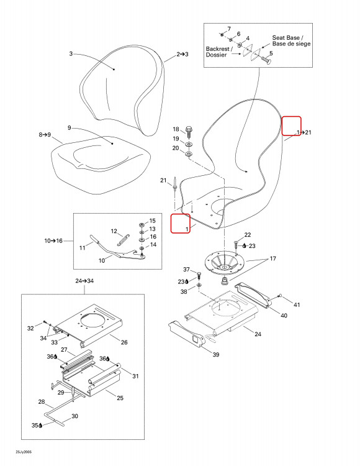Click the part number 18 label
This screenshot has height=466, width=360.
176,129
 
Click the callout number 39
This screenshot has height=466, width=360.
216,354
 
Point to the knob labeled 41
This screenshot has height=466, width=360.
280,296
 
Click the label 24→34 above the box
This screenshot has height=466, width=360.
84,281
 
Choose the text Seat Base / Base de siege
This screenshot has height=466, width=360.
291,41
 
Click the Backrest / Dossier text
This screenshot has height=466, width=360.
219,52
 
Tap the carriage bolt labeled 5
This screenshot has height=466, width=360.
266,60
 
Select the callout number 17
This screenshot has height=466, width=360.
272,258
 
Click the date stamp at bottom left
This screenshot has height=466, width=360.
24,452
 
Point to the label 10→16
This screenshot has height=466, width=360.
53,240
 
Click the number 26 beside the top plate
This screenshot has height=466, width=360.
124,342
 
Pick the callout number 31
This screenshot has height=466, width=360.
135,377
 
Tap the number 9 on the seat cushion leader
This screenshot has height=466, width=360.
69,128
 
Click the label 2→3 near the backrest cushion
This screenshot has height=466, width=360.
182,54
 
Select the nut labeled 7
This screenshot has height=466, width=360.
222,35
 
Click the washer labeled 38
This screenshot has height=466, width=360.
199,286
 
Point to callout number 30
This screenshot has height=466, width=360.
74,416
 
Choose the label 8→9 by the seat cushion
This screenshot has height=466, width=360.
45,135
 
